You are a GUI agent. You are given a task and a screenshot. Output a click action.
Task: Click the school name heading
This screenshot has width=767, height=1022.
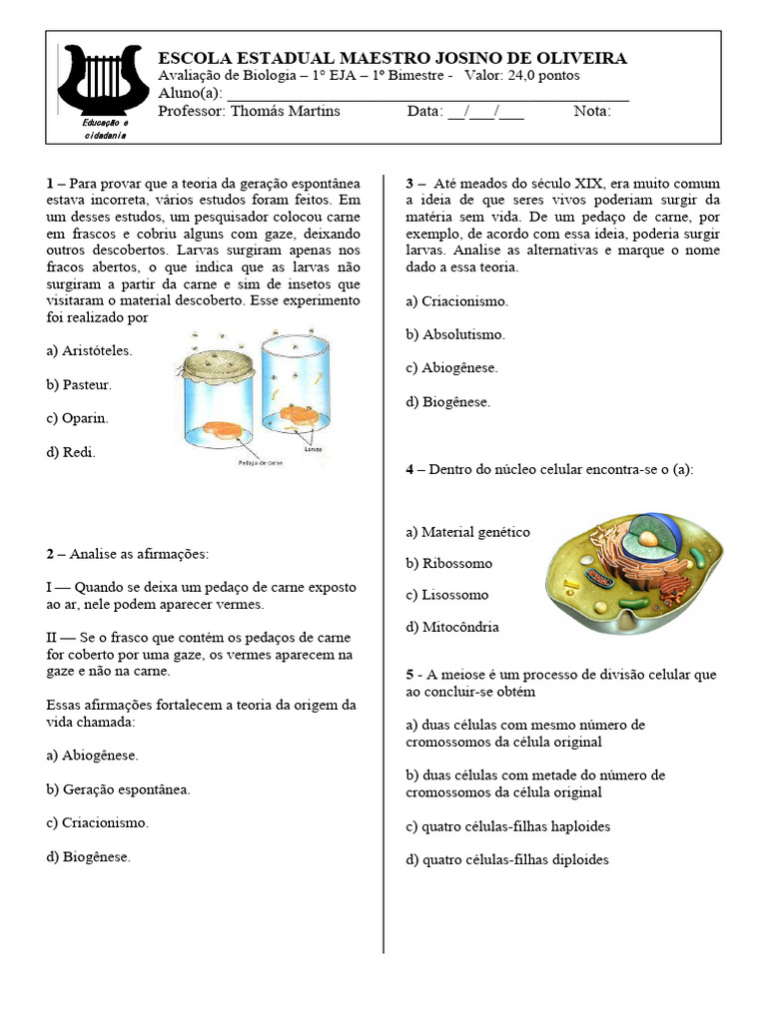pos(392,58)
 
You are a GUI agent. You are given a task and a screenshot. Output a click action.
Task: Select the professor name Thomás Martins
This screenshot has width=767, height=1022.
pos(285,111)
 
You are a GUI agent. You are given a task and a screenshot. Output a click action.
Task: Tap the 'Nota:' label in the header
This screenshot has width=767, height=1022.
pos(592,111)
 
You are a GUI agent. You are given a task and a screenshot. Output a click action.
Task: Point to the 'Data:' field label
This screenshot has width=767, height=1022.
pos(424,111)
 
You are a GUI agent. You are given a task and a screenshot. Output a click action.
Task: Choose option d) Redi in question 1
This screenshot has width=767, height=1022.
pos(71,452)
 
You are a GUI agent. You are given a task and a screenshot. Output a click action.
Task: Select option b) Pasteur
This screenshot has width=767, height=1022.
pos(79,384)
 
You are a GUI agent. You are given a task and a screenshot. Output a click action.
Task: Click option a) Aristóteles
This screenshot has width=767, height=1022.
pos(89,350)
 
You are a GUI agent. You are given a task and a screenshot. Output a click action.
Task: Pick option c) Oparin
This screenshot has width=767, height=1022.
pos(77,418)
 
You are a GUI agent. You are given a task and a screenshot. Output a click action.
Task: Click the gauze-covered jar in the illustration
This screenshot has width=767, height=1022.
pos(213,394)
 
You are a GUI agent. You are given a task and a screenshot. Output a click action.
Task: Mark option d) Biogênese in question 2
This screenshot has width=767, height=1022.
pos(88,856)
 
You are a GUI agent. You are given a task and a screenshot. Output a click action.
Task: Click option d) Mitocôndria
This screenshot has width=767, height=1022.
pos(452,628)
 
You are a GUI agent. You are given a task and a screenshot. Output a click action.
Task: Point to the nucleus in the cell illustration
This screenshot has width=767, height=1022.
pos(649,540)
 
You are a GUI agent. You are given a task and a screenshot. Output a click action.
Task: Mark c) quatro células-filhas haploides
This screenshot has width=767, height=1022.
pos(507,826)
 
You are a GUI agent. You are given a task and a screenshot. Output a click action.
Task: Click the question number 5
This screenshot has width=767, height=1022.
pos(409,675)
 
